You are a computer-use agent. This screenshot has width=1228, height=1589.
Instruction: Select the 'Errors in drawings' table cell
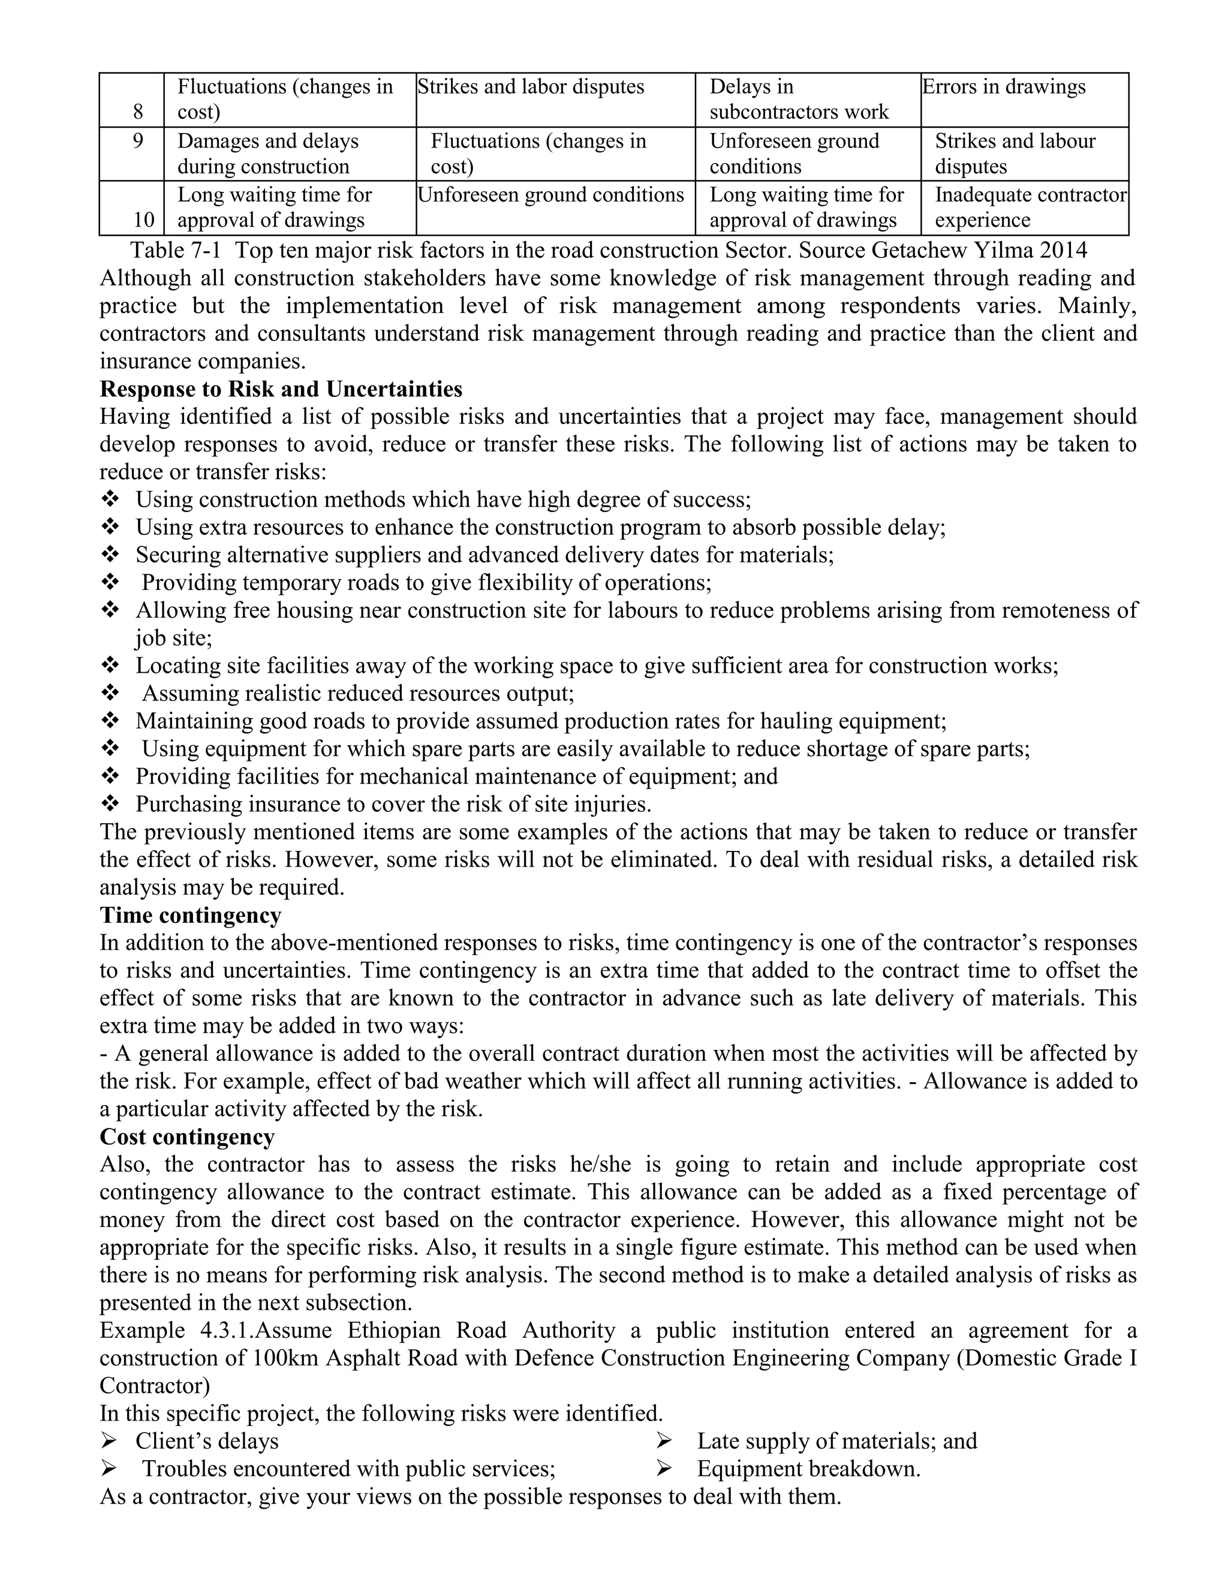click(x=1004, y=88)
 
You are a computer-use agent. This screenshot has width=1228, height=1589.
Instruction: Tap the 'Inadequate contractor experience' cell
click(x=1030, y=207)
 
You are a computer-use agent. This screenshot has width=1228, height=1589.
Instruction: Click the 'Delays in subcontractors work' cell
click(x=799, y=100)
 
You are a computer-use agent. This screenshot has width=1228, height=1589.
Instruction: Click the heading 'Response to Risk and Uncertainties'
click(x=281, y=389)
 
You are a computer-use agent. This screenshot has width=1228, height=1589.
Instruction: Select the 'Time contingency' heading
click(x=191, y=915)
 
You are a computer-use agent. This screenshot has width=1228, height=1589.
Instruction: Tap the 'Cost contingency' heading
click(x=187, y=1137)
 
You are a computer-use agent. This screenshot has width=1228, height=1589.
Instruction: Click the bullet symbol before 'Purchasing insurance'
click(x=110, y=804)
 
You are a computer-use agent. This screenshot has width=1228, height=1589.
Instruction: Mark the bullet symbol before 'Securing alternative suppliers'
click(x=110, y=555)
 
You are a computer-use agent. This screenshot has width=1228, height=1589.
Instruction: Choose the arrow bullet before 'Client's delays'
click(x=110, y=1441)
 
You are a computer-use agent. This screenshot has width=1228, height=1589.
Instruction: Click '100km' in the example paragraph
click(x=286, y=1358)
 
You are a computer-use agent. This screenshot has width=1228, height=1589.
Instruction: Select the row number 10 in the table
click(x=143, y=219)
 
